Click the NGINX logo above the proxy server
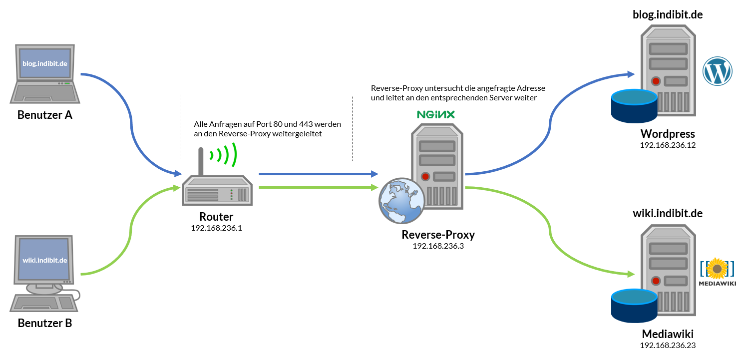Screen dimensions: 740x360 point(436,114)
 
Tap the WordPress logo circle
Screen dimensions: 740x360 point(717,71)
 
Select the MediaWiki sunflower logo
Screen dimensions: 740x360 point(717,269)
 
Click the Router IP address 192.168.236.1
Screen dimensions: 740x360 point(216,228)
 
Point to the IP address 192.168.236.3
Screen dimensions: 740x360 point(438,246)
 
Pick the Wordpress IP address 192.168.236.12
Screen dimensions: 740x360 point(668,145)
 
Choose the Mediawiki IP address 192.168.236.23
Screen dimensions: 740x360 point(668,345)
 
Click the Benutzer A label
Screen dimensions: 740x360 point(44,115)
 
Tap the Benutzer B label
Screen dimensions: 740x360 point(44,323)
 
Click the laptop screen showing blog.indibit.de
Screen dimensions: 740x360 point(45,63)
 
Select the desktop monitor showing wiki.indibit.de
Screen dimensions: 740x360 point(44,260)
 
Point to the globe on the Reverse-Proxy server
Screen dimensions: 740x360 point(402,201)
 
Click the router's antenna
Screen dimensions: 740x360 point(201,162)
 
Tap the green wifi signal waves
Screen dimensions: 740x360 point(224,155)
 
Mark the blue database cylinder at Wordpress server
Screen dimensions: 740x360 point(634,106)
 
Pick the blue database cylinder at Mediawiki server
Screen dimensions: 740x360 point(634,306)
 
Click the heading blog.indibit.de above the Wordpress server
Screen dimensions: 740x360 point(668,14)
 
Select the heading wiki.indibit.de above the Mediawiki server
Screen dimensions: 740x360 point(668,213)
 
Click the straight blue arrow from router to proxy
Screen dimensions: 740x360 point(319,174)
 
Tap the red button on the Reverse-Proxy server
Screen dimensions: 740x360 point(425,176)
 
